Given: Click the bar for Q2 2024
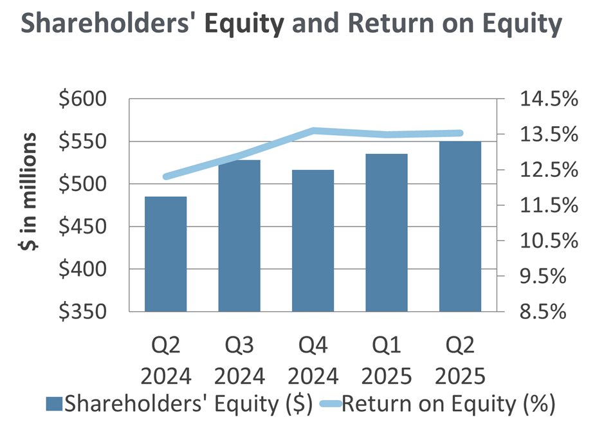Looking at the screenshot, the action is click(166, 254).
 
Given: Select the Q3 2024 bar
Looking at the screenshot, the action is click(239, 235).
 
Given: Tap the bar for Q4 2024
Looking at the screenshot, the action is click(313, 241).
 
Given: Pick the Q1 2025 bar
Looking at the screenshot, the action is click(387, 232).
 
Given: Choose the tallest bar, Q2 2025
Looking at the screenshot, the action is click(460, 226).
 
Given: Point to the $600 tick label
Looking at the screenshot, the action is click(82, 98).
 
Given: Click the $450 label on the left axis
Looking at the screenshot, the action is click(82, 226).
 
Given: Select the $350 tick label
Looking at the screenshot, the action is click(82, 311).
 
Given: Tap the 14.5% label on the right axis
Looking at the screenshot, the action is click(549, 98).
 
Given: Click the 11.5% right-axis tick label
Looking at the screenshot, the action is click(549, 205).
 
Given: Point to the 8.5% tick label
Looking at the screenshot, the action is click(543, 311).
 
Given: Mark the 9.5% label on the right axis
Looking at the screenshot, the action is click(543, 276).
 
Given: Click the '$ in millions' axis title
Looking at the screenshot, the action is click(28, 192).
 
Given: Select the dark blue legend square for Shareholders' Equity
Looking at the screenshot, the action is click(54, 403).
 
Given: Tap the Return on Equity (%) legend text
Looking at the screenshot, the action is click(448, 404).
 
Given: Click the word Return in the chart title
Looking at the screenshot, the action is click(391, 23).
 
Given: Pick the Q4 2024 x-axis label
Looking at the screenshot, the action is click(313, 360).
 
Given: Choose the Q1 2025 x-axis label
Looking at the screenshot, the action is click(387, 360).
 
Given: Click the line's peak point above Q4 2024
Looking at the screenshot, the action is click(313, 131).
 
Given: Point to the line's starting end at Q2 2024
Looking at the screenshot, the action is click(166, 177).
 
